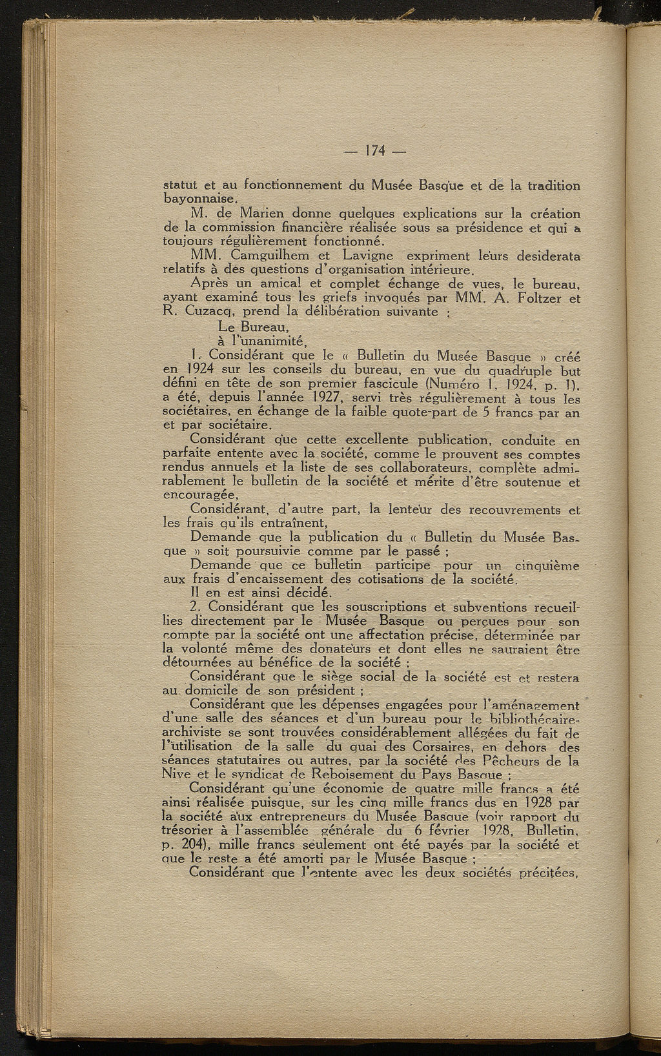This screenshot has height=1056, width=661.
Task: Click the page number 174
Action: (374, 151)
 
